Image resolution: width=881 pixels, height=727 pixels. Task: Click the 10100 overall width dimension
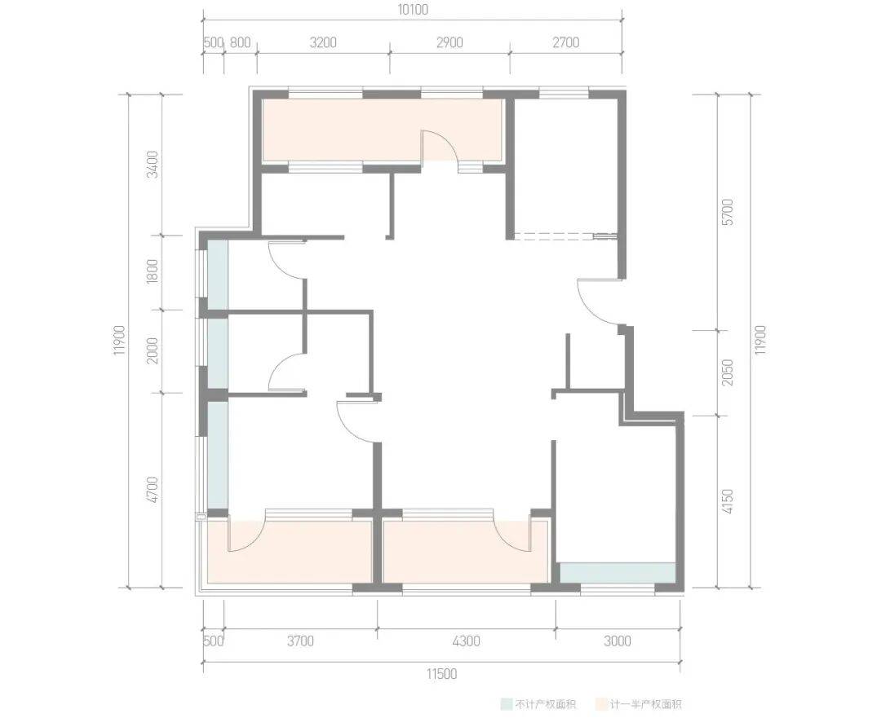point(414,10)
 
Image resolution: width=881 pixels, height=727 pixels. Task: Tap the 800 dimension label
point(240,42)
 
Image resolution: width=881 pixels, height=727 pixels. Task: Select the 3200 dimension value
point(323,42)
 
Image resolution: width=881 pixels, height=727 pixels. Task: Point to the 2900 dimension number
point(449,42)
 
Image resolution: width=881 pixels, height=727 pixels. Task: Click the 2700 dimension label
point(565,42)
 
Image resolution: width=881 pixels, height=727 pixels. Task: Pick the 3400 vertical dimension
point(153,165)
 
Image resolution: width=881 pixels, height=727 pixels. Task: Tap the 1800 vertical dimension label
point(153,271)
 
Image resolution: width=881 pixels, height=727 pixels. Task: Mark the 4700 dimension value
point(153,490)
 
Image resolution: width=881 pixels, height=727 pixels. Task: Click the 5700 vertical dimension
point(727,212)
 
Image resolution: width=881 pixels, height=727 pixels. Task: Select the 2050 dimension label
point(727,372)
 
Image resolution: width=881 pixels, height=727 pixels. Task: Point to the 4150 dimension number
point(727,502)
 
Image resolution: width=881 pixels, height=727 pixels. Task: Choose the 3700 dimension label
point(300,641)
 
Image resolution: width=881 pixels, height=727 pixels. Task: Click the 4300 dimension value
point(467,641)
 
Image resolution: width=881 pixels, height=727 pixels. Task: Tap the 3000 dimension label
point(618,641)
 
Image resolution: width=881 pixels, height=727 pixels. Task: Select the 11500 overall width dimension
point(441,674)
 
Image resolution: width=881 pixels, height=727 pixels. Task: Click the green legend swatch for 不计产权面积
point(507,704)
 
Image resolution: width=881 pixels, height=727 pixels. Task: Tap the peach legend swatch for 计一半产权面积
point(600,704)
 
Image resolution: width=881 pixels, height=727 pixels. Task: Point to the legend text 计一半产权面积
point(645,704)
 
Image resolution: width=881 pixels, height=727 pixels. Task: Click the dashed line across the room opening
point(566,236)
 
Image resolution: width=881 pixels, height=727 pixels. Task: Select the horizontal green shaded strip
point(618,573)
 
